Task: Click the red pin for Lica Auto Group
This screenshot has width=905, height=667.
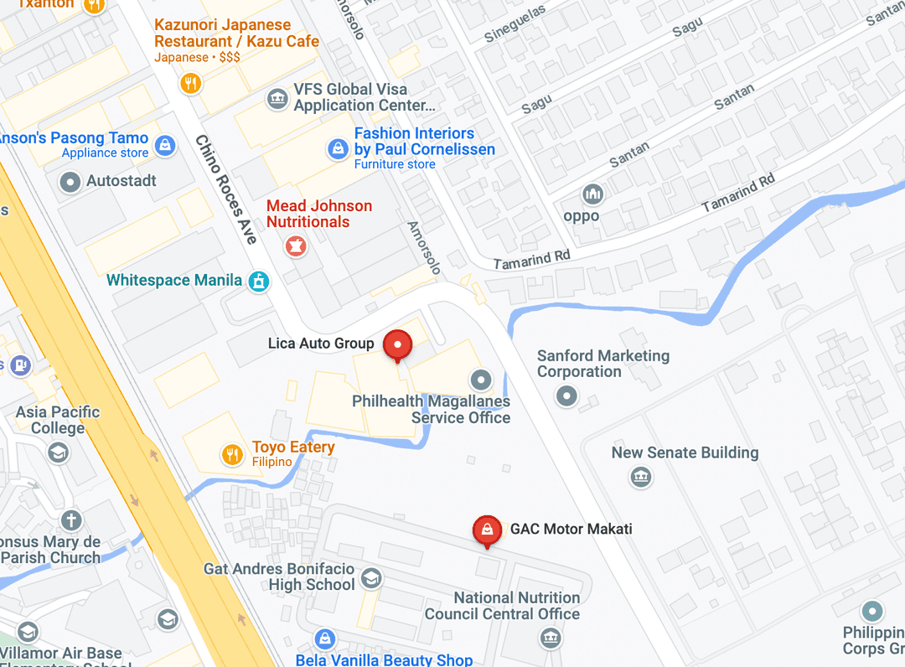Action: [x=397, y=344]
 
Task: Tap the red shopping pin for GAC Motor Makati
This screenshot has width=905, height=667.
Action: [x=486, y=530]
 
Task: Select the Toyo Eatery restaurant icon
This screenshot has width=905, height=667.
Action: [x=232, y=455]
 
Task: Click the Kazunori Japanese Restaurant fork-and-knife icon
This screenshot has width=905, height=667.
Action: [x=191, y=83]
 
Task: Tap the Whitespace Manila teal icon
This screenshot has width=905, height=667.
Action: [x=259, y=281]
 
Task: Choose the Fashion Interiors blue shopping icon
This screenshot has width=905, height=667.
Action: [x=337, y=149]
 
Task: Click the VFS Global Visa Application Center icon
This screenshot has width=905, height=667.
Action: [x=277, y=99]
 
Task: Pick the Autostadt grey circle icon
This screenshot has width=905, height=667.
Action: [x=70, y=181]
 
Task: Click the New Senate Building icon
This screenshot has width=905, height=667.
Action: [x=641, y=477]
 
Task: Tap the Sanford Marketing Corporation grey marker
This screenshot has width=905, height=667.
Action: [x=568, y=396]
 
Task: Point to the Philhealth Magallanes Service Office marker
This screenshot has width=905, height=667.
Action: [x=480, y=380]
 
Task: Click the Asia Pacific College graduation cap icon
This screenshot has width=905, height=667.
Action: [x=58, y=453]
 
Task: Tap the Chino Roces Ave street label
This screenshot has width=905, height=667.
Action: [x=225, y=190]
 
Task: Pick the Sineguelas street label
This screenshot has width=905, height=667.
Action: [x=515, y=23]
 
